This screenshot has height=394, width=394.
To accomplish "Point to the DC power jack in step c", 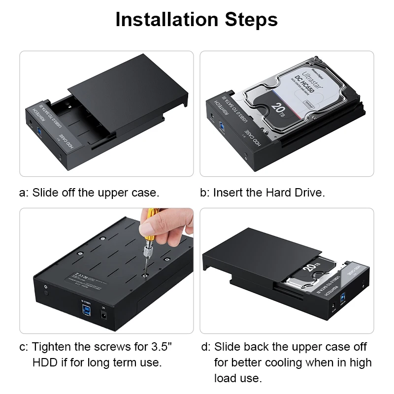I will tap(104, 314).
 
